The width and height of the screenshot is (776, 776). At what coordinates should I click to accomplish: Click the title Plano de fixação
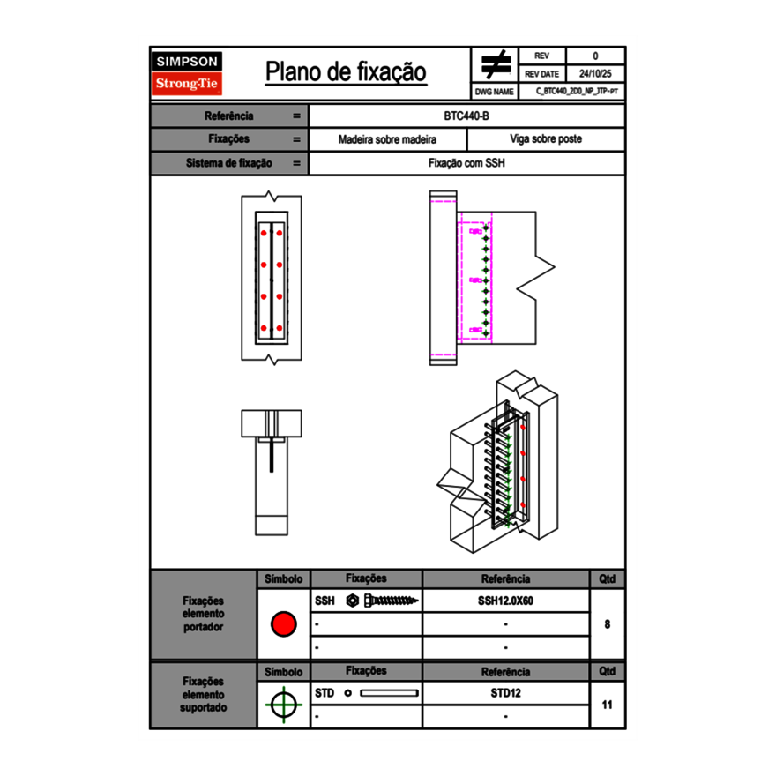point(346,72)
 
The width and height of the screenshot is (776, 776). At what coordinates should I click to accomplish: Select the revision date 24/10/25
point(595,74)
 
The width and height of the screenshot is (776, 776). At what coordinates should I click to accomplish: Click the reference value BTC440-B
point(466,116)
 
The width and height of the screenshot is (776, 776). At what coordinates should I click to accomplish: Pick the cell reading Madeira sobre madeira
point(387,139)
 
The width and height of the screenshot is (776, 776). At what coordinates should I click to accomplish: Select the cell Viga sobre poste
point(545,139)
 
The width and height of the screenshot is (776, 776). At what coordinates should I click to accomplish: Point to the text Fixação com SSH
point(466,163)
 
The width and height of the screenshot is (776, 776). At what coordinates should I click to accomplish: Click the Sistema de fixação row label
point(229,163)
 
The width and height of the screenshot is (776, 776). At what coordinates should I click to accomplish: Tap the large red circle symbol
point(283,624)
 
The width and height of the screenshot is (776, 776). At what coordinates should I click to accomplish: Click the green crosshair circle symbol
point(283,705)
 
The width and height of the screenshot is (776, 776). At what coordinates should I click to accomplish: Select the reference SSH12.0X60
point(505,601)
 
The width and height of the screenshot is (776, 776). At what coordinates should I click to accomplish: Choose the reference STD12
point(505,693)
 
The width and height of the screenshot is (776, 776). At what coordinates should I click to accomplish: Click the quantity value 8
point(608,624)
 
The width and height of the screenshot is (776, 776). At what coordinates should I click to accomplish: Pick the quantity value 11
point(608,705)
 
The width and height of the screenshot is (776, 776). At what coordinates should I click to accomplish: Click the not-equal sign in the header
point(496,65)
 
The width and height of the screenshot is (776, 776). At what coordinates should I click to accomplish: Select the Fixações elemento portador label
point(204,614)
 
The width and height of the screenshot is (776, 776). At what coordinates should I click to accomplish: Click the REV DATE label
point(543,74)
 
